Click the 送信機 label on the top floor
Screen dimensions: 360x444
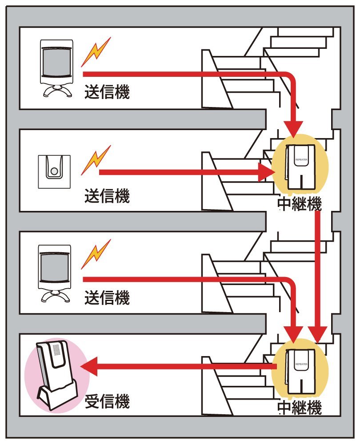tap(107, 92)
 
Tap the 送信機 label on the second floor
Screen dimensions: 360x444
tap(107, 196)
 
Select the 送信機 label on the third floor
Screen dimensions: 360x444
tap(107, 297)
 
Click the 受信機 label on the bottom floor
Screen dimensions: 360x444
tap(107, 401)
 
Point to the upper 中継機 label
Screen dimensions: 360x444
tap(300, 204)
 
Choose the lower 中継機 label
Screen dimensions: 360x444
tap(300, 408)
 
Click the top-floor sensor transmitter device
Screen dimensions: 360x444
tap(56, 68)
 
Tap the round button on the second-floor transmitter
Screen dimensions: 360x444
tap(54, 171)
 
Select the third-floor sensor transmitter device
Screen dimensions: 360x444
tap(55, 274)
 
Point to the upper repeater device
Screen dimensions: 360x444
tap(300, 167)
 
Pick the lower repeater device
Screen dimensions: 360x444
tap(300, 371)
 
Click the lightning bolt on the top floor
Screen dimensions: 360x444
tap(96, 52)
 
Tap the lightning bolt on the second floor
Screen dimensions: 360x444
tap(96, 160)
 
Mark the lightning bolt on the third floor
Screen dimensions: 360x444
tap(96, 254)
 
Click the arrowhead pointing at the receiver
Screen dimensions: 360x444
tap(89, 366)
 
